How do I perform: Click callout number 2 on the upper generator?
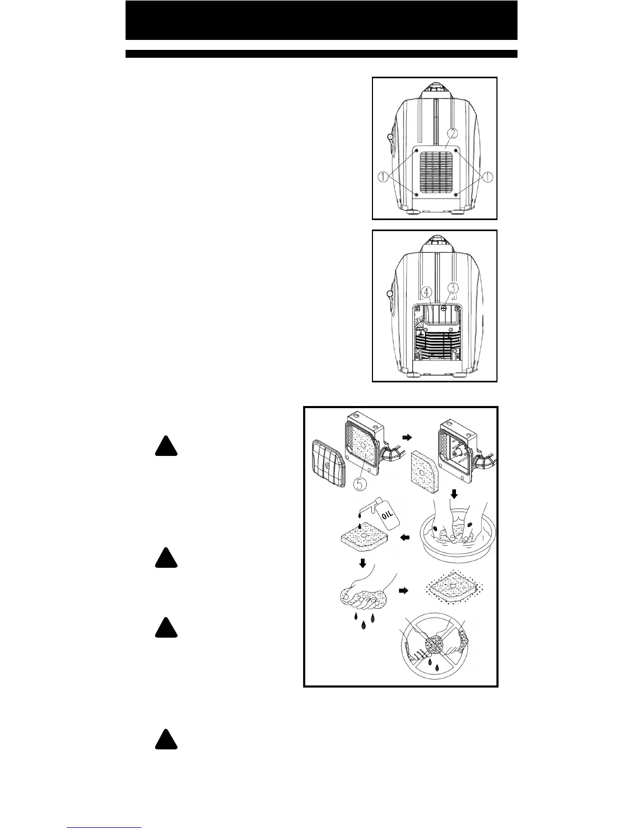click(x=452, y=133)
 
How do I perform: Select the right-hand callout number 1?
click(x=488, y=177)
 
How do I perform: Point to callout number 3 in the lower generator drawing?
click(x=453, y=288)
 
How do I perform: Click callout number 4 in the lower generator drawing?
click(x=427, y=290)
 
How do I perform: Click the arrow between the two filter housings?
click(x=408, y=436)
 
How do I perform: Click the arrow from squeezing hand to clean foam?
click(x=405, y=590)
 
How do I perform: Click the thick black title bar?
click(x=321, y=20)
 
